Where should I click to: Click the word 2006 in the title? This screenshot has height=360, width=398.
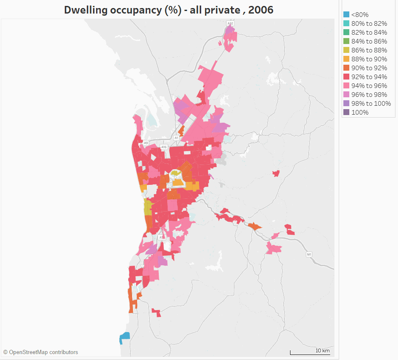(x=261, y=10)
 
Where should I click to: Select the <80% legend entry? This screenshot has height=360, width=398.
(x=359, y=15)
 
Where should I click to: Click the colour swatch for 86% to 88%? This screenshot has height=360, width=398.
(x=346, y=50)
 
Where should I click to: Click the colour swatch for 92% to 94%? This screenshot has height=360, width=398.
(x=346, y=77)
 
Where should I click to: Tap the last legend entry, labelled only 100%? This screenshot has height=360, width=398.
(x=359, y=113)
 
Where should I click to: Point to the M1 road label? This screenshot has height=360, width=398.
(x=309, y=254)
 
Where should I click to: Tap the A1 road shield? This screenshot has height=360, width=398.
(x=177, y=138)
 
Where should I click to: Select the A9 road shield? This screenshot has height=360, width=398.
(x=146, y=143)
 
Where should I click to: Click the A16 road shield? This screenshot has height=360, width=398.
(x=164, y=147)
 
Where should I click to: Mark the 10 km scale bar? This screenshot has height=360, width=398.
(x=310, y=352)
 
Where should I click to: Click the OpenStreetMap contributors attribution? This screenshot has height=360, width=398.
(x=41, y=352)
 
